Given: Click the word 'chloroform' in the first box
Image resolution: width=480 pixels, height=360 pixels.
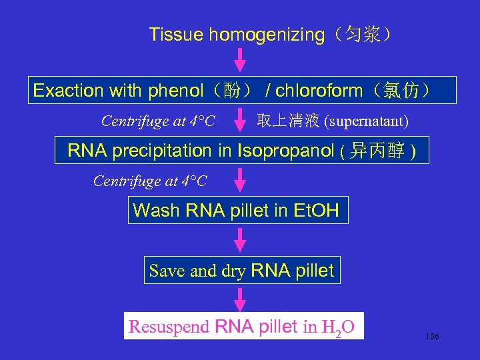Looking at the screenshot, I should click(319, 91).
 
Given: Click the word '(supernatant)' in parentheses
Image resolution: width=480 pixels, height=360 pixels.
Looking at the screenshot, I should click(366, 121).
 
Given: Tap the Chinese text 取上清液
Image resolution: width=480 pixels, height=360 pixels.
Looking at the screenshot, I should click(289, 121).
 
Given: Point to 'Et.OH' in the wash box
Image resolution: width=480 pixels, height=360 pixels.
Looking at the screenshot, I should click(316, 211).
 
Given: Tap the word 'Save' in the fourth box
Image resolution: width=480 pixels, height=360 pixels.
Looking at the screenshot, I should click(166, 271).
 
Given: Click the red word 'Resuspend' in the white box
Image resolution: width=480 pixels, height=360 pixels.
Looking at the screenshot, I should click(170, 327).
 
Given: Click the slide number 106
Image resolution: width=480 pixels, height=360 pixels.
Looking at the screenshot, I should click(432, 337).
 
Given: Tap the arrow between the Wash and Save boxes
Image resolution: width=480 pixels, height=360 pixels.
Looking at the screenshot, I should click(241, 241).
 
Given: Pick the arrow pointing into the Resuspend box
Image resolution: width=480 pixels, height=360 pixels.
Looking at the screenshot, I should click(241, 297).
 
